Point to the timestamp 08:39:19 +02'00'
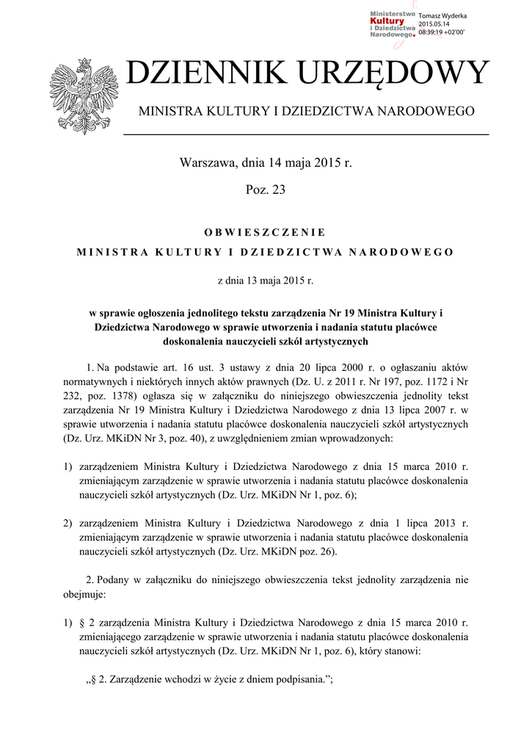pos(442,32)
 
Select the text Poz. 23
pos(266,190)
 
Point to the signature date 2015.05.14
pos(434,24)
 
